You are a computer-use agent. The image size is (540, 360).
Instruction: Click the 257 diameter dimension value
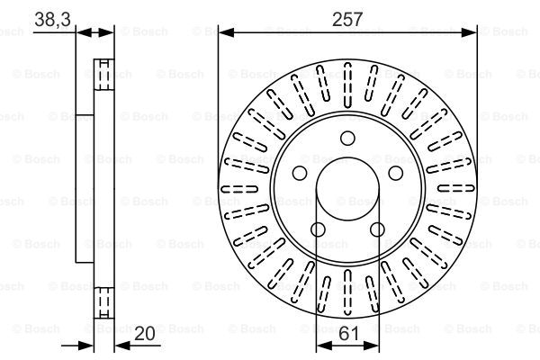pyautogui.click(x=347, y=19)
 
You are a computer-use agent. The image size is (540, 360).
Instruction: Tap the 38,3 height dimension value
pyautogui.click(x=53, y=19)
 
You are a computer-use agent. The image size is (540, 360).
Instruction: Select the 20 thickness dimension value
pyautogui.click(x=144, y=334)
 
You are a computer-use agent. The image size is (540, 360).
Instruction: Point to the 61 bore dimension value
pyautogui.click(x=349, y=334)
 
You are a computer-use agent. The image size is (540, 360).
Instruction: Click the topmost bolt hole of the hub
pyautogui.click(x=347, y=138)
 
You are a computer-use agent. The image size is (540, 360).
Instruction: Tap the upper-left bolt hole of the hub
pyautogui.click(x=300, y=173)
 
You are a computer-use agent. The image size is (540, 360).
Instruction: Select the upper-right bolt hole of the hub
pyautogui.click(x=396, y=173)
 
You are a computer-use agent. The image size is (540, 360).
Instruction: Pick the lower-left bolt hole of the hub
pyautogui.click(x=318, y=229)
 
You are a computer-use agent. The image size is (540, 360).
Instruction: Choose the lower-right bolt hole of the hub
pyautogui.click(x=377, y=229)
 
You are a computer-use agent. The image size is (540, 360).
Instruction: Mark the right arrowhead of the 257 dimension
pyautogui.click(x=469, y=32)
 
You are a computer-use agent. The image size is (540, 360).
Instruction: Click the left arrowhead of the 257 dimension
pyautogui.click(x=227, y=32)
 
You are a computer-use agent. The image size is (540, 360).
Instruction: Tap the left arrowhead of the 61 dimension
pyautogui.click(x=324, y=346)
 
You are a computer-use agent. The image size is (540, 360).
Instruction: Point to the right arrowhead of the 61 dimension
pyautogui.click(x=371, y=346)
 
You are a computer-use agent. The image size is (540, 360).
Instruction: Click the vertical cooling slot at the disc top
pyautogui.click(x=347, y=85)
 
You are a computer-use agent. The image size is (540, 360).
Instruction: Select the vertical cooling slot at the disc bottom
pyautogui.click(x=347, y=292)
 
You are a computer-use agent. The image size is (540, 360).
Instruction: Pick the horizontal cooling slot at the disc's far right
pyautogui.click(x=456, y=188)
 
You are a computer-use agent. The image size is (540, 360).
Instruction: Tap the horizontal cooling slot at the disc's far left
pyautogui.click(x=239, y=188)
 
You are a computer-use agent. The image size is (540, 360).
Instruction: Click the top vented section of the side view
pyautogui.click(x=104, y=75)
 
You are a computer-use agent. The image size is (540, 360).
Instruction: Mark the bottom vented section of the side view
pyautogui.click(x=104, y=302)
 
